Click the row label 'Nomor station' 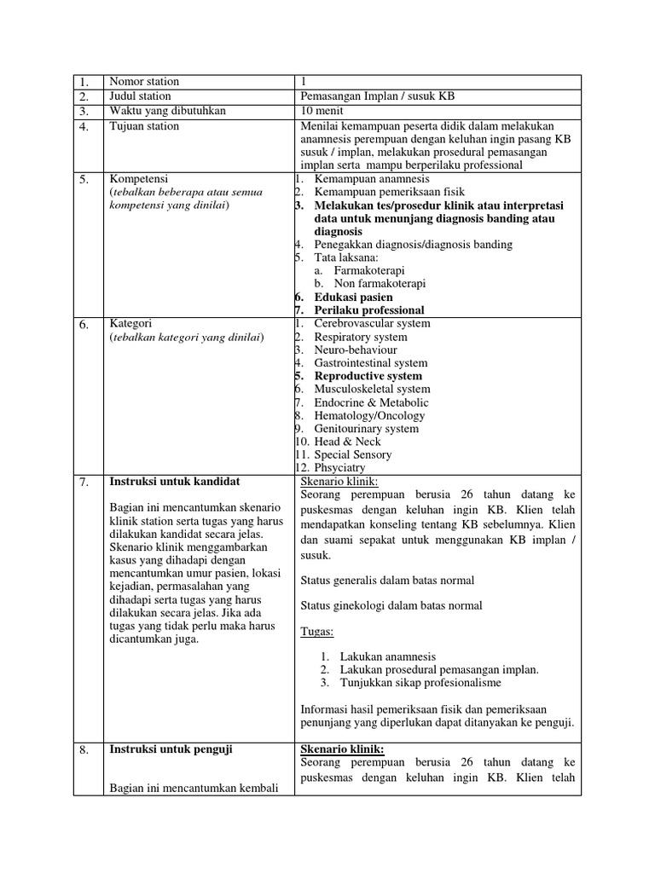pyautogui.click(x=144, y=82)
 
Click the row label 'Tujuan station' pyautogui.click(x=144, y=126)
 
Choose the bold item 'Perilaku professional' pyautogui.click(x=369, y=310)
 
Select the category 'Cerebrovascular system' pyautogui.click(x=372, y=323)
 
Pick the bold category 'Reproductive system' pyautogui.click(x=368, y=376)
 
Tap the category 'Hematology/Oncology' pyautogui.click(x=369, y=415)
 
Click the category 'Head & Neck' pyautogui.click(x=347, y=442)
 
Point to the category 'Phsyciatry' pyautogui.click(x=340, y=467)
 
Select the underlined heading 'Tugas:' pyautogui.click(x=317, y=632)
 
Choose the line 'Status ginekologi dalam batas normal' pyautogui.click(x=391, y=606)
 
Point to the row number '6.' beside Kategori pyautogui.click(x=84, y=325)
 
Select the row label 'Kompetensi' pyautogui.click(x=140, y=179)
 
